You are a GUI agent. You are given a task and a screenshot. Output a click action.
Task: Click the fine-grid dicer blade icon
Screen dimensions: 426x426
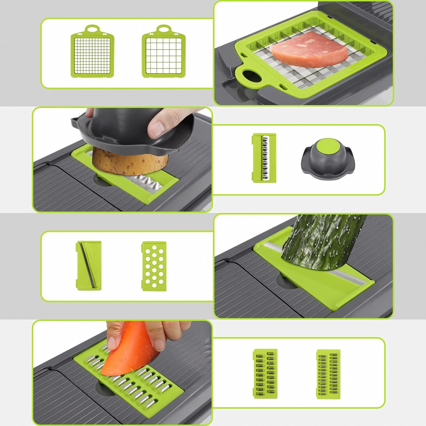point(92,54)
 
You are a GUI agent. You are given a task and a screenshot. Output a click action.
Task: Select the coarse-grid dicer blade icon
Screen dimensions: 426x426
point(163,54)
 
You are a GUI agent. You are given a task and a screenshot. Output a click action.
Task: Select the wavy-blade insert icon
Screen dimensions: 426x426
point(264,158)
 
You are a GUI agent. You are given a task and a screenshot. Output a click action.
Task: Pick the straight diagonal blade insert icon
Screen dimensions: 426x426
point(89,265)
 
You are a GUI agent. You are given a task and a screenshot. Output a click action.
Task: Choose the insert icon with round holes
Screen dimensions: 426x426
point(154,265)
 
